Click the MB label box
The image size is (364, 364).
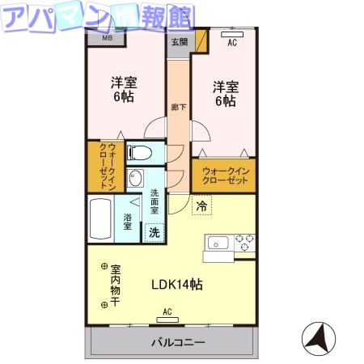click(107, 37)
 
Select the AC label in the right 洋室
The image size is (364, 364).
click(232, 42)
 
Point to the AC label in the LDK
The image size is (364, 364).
click(167, 311)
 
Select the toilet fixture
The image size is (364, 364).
click(143, 151)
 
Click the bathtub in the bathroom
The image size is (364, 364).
click(100, 218)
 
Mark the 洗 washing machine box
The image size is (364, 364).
click(153, 231)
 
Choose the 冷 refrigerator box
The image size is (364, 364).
click(201, 206)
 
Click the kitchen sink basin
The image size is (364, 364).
click(218, 242)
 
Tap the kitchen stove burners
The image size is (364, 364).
click(244, 242)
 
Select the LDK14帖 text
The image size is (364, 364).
click(177, 284)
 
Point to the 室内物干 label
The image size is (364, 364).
click(116, 285)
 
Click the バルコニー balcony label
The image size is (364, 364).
click(178, 342)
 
